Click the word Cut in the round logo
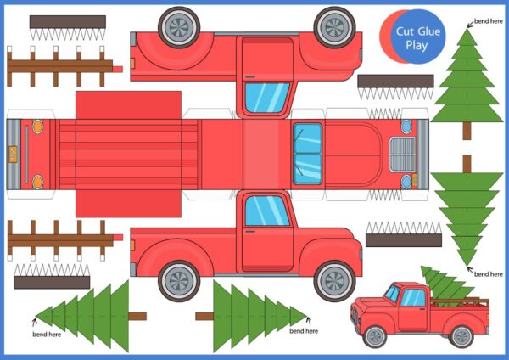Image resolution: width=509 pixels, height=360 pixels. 405,31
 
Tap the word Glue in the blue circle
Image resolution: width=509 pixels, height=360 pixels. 428,31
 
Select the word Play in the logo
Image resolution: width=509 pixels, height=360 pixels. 417,45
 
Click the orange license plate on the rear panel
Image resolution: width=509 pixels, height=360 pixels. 13,155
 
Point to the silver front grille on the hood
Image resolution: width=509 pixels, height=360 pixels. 402,155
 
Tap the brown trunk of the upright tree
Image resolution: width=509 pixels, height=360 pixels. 467,131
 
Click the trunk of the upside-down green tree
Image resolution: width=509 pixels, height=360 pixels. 467,164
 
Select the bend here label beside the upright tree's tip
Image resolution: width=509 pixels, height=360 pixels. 489,21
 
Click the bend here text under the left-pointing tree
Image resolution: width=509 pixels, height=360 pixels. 47,334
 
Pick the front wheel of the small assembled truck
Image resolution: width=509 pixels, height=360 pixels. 375,336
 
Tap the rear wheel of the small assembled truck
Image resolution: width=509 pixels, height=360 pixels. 461,336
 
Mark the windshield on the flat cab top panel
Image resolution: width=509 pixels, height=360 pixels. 307,155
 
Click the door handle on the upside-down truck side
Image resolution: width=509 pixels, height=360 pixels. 250,77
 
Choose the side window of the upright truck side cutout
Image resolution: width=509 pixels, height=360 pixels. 267,211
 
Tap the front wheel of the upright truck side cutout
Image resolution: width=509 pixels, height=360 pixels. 335,280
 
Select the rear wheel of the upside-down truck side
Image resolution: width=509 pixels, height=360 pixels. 179,27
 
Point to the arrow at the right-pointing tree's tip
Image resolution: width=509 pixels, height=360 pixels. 309,321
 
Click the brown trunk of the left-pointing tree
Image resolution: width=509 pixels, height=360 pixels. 137,316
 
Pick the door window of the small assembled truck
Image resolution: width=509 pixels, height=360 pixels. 413,298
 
